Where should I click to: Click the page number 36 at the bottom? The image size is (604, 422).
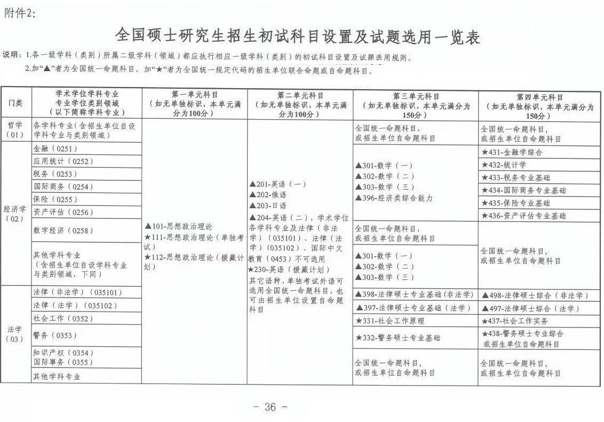pos(270,407)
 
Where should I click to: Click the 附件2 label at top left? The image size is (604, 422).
pos(21,14)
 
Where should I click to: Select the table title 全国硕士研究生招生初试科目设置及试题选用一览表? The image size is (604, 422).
pos(298,36)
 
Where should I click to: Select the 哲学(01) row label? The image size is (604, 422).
pos(15,130)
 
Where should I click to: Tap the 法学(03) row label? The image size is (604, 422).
pos(15,334)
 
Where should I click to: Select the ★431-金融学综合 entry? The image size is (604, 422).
pos(512,152)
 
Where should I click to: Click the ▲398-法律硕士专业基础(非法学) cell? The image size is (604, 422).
pos(415,295)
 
